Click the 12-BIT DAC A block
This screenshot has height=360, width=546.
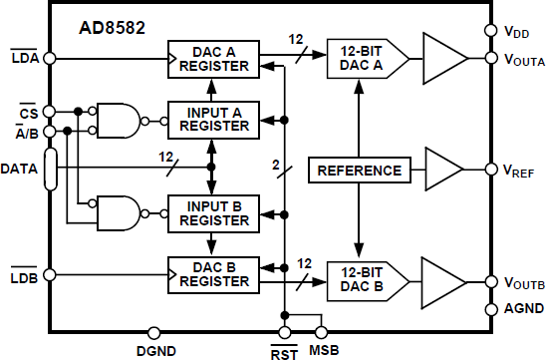pos(364,59)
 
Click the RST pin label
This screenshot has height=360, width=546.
pos(284,349)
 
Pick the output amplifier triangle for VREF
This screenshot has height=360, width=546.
pos(442,170)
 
